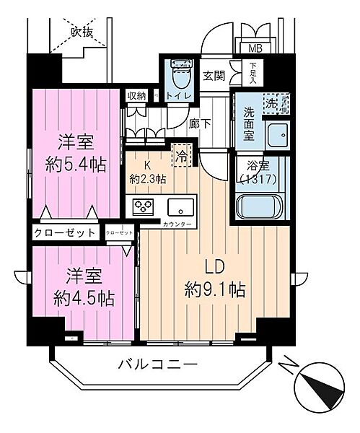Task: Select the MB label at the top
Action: point(256,49)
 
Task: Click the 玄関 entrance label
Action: point(214,75)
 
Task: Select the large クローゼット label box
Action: point(65,233)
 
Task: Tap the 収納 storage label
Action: point(136,96)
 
